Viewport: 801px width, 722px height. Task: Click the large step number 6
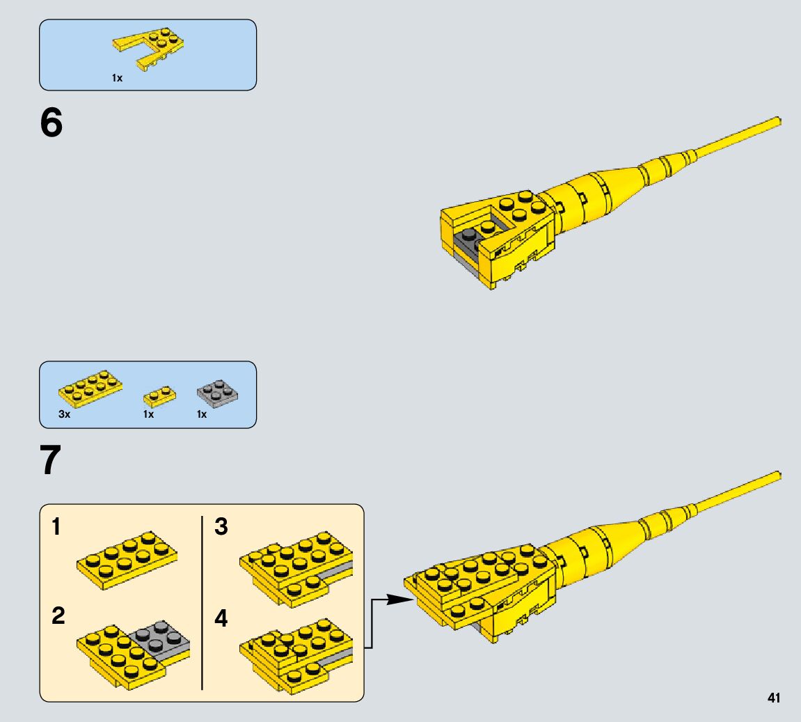(51, 124)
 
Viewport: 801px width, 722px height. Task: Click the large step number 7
(51, 461)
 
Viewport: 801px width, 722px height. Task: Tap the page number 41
(773, 698)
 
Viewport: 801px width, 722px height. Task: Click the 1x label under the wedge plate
(117, 79)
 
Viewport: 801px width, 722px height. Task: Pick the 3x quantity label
(65, 414)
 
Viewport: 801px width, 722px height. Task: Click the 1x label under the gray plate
(202, 414)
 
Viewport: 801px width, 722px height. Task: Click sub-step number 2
(58, 616)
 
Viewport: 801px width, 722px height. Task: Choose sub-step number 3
(221, 527)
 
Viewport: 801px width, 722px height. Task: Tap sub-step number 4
(221, 618)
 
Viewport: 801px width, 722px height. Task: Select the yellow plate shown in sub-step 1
(126, 556)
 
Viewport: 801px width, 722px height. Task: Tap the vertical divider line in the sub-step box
(202, 602)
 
